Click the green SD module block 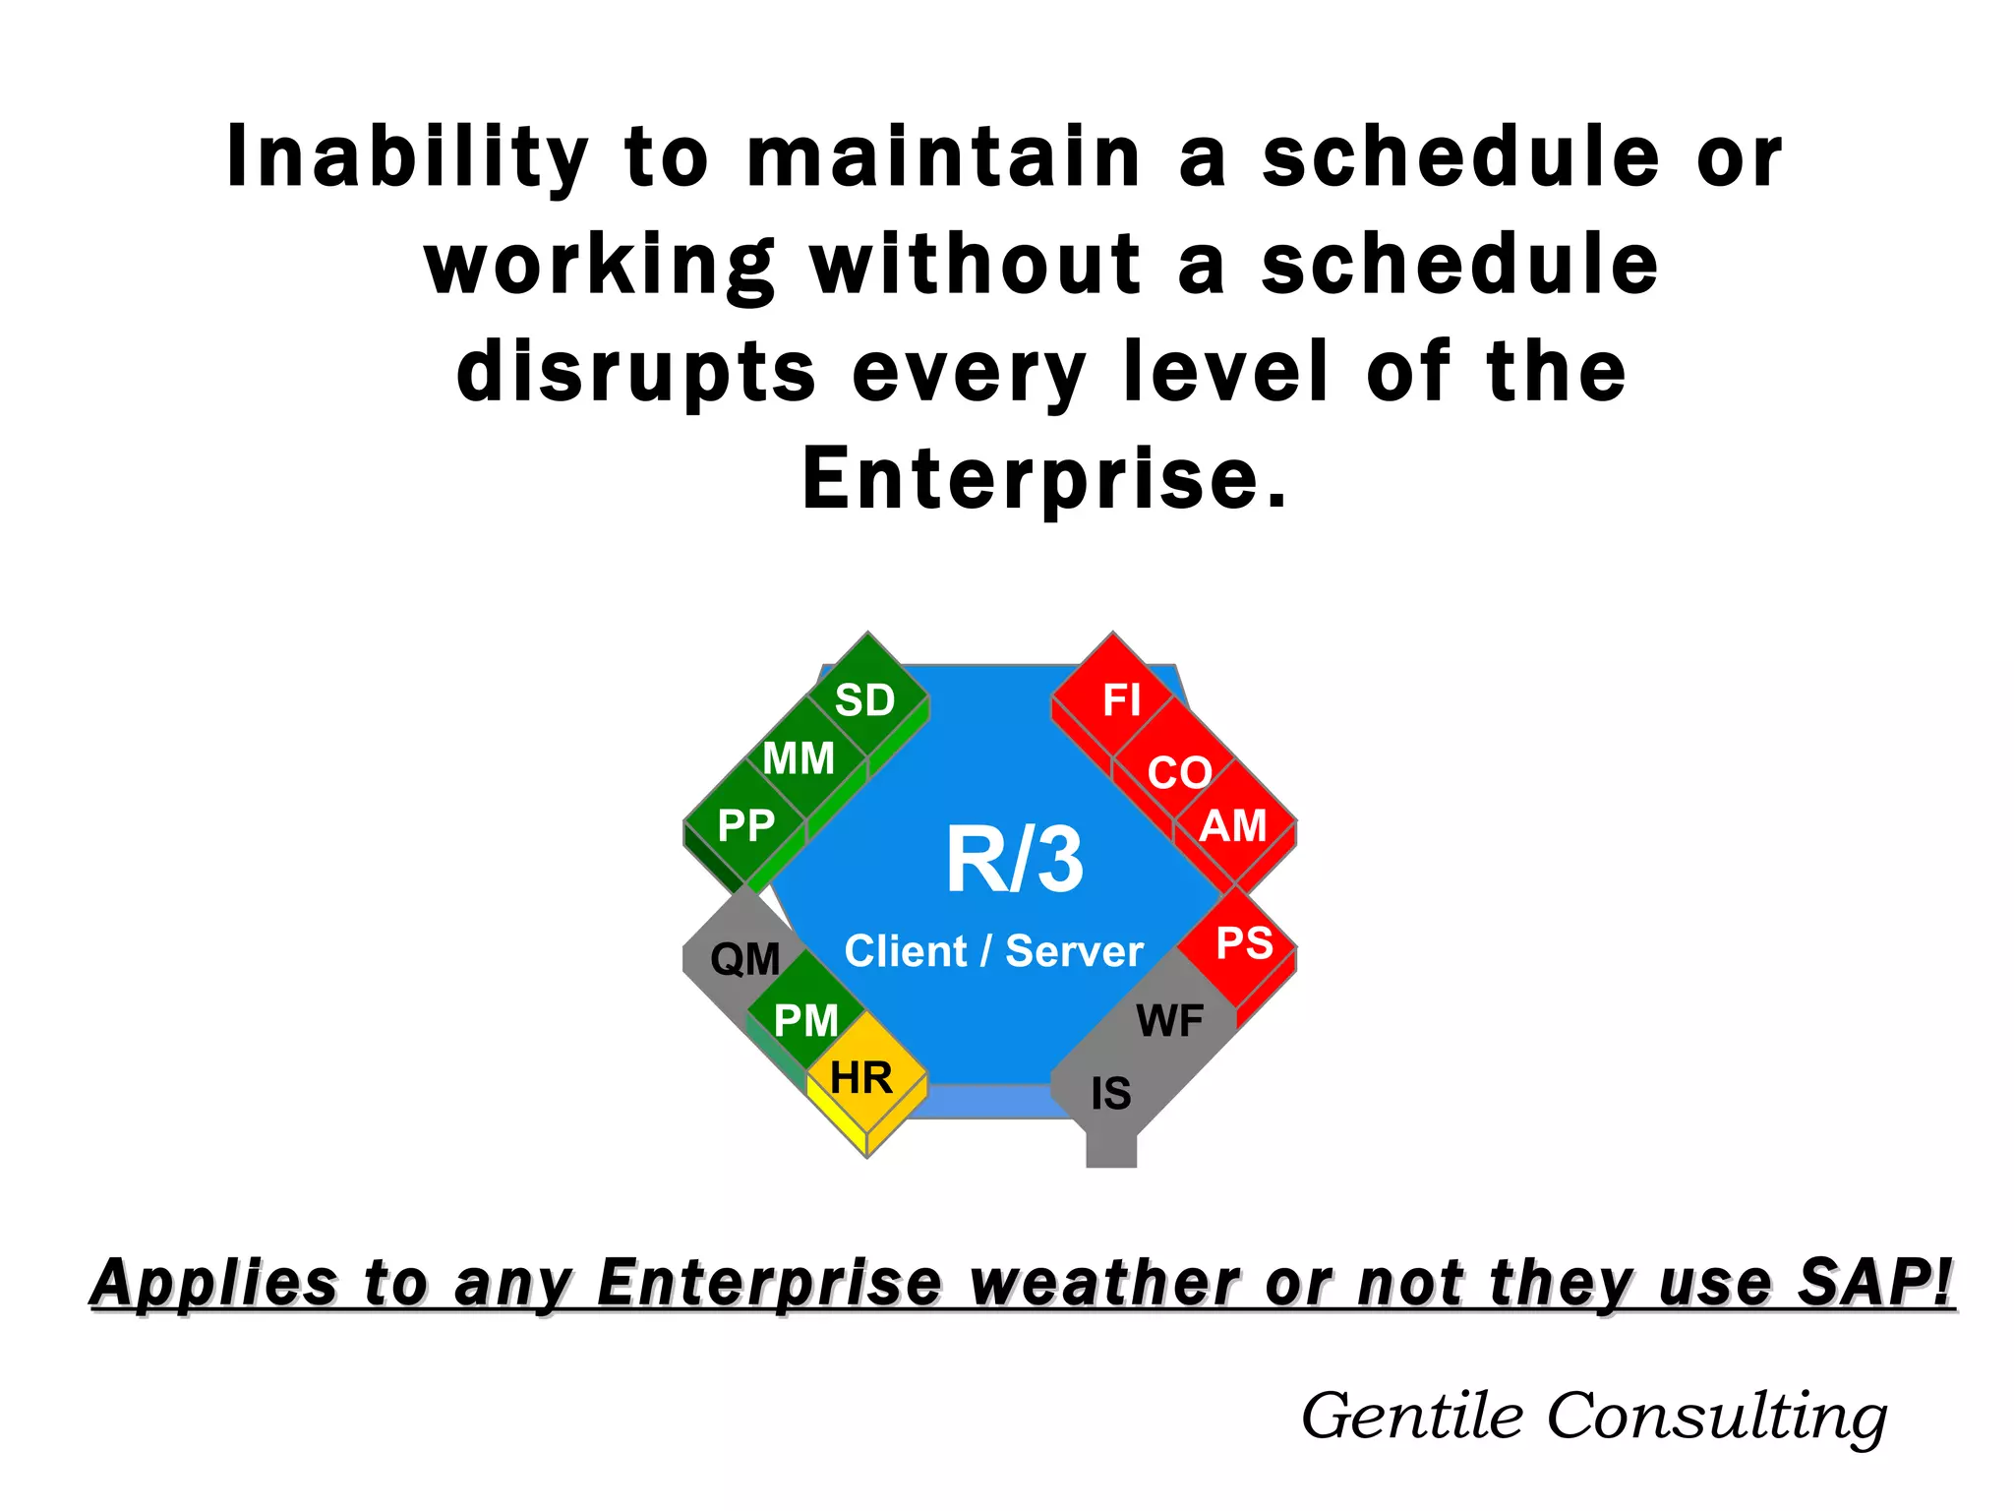coord(865,699)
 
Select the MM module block coord(799,758)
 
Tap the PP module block coord(745,825)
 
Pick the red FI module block coord(1120,699)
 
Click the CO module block coord(1178,772)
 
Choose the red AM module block coord(1233,825)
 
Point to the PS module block coord(1244,943)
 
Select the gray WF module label coord(1169,1021)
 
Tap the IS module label coord(1110,1094)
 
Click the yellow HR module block coord(861,1078)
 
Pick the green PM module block coord(805,1020)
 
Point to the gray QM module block coord(744,959)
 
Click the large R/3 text coord(1014,860)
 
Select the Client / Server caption coord(993,951)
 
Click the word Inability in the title coord(407,156)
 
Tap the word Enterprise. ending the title coord(1044,479)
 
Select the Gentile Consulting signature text coord(1594,1417)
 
